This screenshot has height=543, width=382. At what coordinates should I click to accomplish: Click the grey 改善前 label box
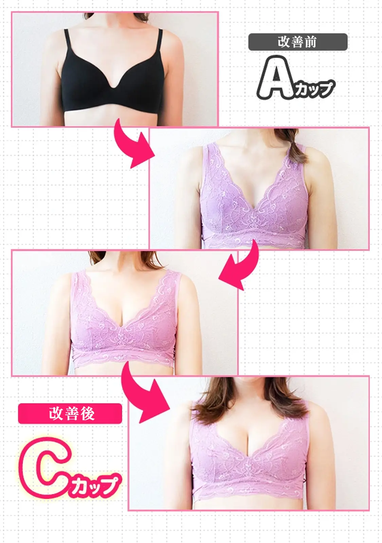pos(298,42)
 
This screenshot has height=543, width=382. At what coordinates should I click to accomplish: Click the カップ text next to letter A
pos(314,89)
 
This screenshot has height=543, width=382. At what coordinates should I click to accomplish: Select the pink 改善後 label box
pos(70,413)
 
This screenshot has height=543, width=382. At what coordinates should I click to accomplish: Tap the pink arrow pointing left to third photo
pos(239,268)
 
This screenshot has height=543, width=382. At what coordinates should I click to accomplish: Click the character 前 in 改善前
pos(310,42)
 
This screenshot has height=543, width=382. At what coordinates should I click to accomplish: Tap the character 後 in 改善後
pos(88,413)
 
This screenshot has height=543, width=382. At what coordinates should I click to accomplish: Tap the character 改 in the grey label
pos(284,42)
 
